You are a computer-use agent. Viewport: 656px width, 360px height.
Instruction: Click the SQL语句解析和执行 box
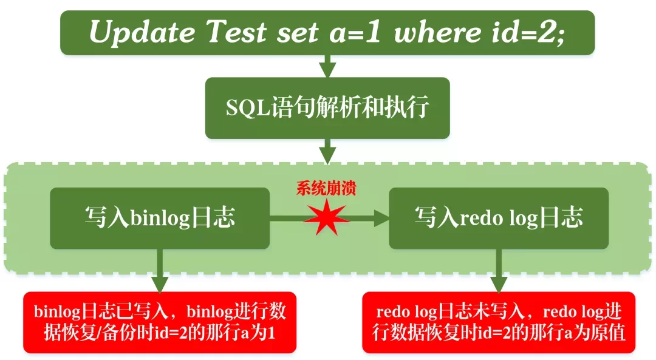pyautogui.click(x=327, y=107)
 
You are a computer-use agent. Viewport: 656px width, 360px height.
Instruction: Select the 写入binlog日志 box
pyautogui.click(x=159, y=218)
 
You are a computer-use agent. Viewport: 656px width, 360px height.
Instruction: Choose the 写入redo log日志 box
pyautogui.click(x=498, y=218)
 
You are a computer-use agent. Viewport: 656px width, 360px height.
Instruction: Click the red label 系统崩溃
pyautogui.click(x=326, y=188)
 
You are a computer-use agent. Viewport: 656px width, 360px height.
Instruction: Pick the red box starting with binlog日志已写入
pyautogui.click(x=159, y=322)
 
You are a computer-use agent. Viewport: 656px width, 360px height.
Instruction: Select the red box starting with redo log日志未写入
pyautogui.click(x=498, y=322)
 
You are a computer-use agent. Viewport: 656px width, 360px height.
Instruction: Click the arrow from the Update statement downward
pyautogui.click(x=327, y=66)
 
